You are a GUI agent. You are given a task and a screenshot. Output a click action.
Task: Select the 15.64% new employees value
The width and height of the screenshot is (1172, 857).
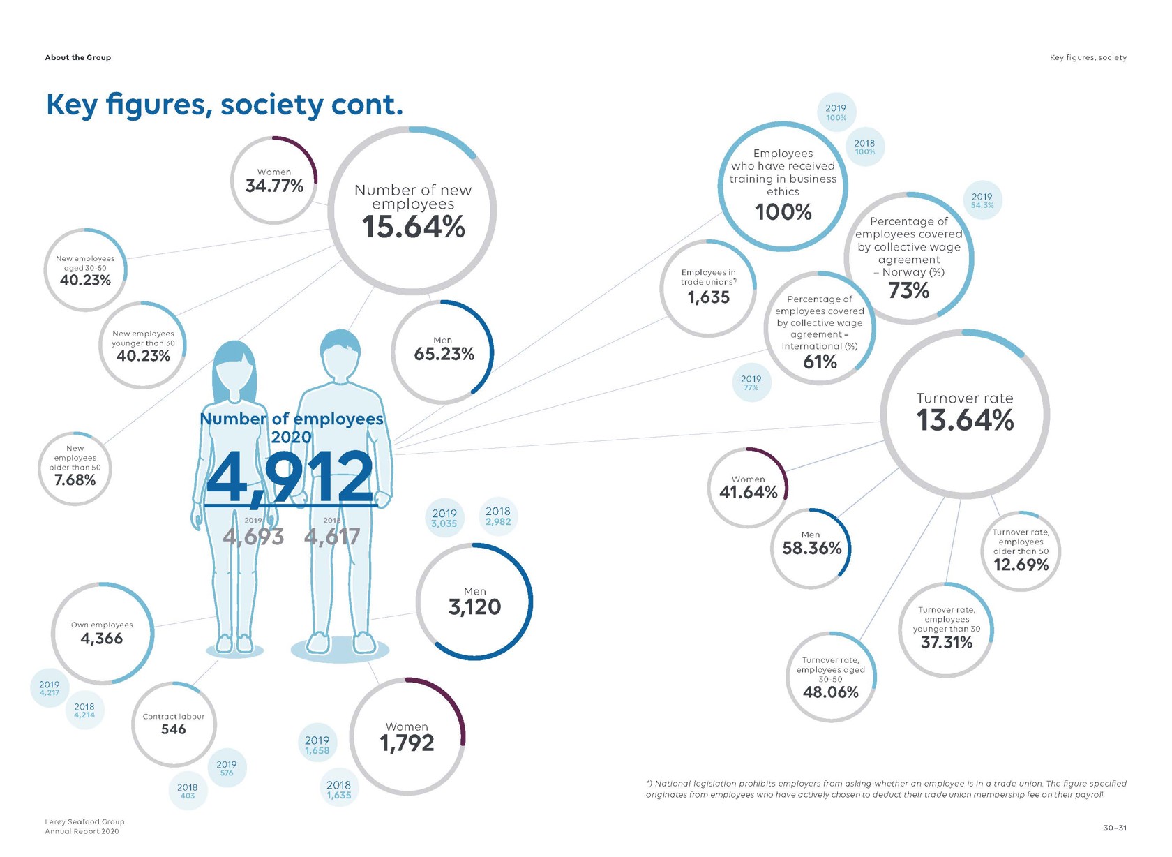pos(413,227)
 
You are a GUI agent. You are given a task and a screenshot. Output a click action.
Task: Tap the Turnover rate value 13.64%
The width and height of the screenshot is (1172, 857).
pos(965,420)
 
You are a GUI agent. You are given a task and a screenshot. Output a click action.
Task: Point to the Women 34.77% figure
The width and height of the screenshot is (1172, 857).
pos(274,186)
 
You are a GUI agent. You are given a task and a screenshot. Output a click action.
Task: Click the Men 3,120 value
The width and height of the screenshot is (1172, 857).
pos(474,607)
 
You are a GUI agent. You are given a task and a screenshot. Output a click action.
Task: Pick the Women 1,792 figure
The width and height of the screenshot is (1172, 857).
pos(407,743)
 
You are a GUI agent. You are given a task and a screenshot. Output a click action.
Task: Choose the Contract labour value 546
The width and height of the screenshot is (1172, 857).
pos(174,729)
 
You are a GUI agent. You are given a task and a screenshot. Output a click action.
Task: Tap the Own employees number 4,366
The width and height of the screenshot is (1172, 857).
pos(102,639)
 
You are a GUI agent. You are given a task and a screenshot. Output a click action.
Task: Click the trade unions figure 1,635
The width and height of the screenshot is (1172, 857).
pos(708,297)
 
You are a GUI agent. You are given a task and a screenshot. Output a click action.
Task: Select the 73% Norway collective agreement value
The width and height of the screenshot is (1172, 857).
pos(908,290)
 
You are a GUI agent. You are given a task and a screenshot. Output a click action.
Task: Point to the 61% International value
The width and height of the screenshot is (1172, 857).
pos(820,362)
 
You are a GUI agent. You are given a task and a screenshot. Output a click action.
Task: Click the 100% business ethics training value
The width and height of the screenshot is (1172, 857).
pos(783,212)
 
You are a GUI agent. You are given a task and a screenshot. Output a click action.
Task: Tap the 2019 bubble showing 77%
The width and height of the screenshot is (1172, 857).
pos(751,382)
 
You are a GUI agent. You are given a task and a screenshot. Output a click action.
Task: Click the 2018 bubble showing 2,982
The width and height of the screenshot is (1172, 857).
pos(498,516)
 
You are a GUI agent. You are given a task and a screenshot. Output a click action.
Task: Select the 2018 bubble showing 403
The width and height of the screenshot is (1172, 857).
pos(187,791)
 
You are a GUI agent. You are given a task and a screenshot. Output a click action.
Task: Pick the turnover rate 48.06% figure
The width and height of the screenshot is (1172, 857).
pos(830,692)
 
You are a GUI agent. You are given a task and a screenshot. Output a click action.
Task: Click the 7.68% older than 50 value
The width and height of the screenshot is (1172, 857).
pos(75,480)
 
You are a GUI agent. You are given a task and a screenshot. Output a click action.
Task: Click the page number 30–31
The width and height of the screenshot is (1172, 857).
pos(1114,828)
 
